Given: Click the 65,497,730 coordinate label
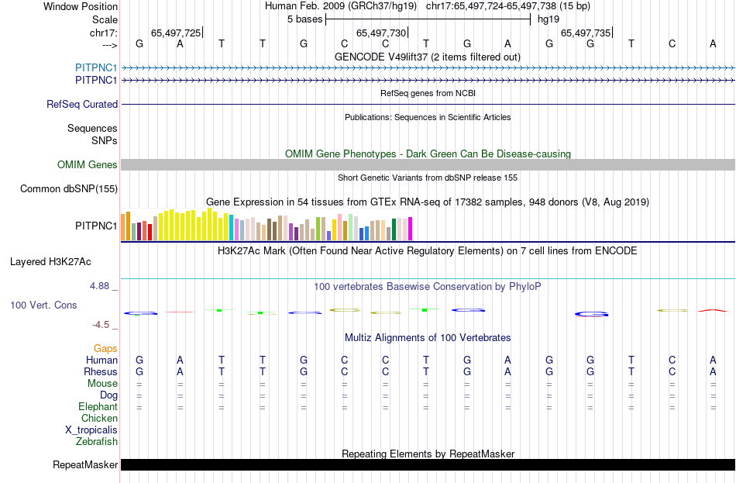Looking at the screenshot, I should click(380, 33).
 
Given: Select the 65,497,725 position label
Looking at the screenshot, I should click(176, 33).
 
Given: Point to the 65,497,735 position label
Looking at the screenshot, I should click(585, 33).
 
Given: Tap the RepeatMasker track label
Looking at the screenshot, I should click(85, 465).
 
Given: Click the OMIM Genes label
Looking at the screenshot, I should click(88, 164).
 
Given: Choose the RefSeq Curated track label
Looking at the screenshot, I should click(82, 104).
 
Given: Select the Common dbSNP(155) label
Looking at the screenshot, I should click(69, 188).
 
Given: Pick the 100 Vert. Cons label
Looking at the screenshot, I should click(43, 305).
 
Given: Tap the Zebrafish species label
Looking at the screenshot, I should click(98, 442).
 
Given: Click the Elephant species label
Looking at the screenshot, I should click(98, 407).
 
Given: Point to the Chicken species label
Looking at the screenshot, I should click(99, 419).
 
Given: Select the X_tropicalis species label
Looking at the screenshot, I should click(91, 430).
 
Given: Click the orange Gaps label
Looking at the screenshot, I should click(105, 349).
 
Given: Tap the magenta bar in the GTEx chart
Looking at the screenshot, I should click(410, 229).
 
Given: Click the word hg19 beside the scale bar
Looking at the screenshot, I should click(549, 19).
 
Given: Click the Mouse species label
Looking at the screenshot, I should click(102, 384).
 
